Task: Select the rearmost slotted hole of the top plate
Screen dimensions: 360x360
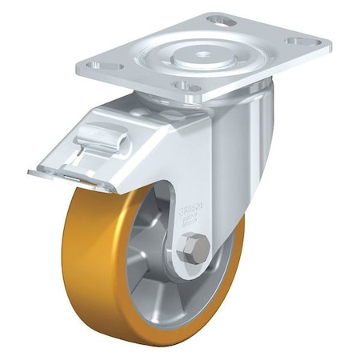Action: pyautogui.click(x=222, y=19)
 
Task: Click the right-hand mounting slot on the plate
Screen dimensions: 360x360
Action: pyautogui.click(x=302, y=41)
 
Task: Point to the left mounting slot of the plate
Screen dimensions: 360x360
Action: pyautogui.click(x=111, y=65)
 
